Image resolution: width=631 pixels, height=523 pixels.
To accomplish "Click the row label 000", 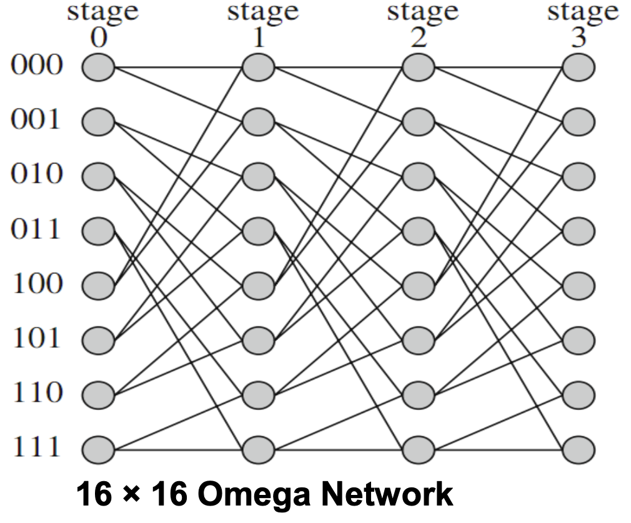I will tap(36, 66).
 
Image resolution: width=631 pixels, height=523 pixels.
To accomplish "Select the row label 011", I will tap(36, 230).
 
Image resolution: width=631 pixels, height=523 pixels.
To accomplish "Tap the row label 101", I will tap(36, 339).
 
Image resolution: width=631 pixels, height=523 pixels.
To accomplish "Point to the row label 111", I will tap(36, 448).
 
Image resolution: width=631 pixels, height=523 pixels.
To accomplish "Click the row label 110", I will tap(36, 393).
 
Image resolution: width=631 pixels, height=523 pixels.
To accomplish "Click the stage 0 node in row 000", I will tap(98, 67).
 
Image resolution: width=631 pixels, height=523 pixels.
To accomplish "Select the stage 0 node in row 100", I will tap(98, 286).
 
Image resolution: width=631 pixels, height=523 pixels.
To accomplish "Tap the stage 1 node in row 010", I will tap(259, 177).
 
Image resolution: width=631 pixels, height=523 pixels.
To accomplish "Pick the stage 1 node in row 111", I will tap(259, 449).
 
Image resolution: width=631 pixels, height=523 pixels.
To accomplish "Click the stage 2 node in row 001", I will tap(419, 122).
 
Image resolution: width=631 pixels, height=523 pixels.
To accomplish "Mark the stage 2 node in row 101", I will tap(419, 340).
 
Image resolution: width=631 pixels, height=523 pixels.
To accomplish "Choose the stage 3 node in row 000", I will tap(579, 67).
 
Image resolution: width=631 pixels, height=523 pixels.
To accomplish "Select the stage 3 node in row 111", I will tap(579, 449).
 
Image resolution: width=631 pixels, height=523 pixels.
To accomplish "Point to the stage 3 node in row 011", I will tap(579, 231).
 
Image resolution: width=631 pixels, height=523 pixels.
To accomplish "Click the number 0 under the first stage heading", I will tap(98, 39).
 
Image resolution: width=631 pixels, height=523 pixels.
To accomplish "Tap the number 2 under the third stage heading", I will tap(419, 39).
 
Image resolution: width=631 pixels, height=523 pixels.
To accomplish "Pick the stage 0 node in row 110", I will tap(98, 395).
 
